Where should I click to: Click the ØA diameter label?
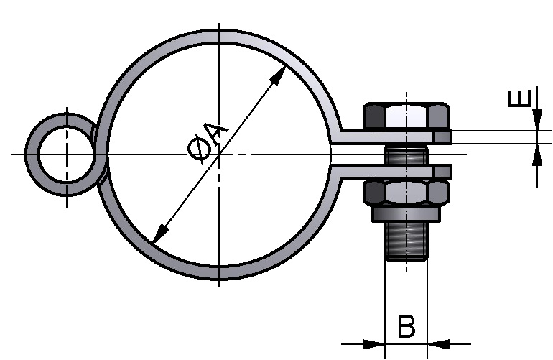[206, 140]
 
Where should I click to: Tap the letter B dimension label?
[406, 327]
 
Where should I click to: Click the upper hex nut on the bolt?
[406, 116]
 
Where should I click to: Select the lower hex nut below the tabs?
[406, 193]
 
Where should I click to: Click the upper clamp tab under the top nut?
[391, 136]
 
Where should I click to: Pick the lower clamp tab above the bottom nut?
[391, 171]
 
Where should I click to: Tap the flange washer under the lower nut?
[406, 214]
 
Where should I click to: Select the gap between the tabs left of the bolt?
[359, 153]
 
